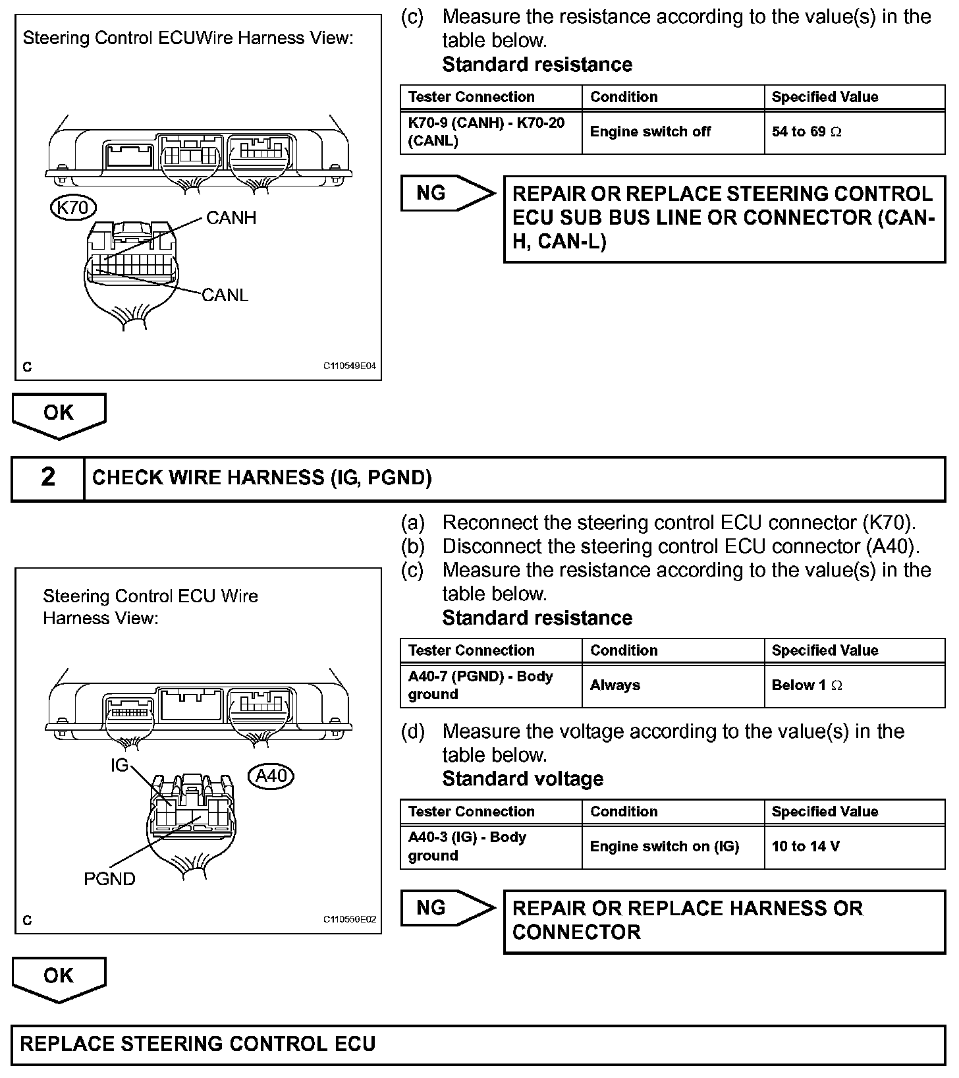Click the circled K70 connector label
(x=73, y=208)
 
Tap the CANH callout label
(x=231, y=217)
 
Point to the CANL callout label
(x=225, y=295)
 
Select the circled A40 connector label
(x=271, y=776)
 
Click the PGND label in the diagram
(x=109, y=878)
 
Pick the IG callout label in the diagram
(x=119, y=765)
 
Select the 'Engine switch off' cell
(x=650, y=132)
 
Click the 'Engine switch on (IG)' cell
(x=664, y=846)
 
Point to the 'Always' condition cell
(x=615, y=685)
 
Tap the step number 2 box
(x=48, y=477)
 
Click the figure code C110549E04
(x=349, y=366)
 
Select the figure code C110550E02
(x=349, y=920)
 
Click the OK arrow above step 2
(x=59, y=414)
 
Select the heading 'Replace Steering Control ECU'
(x=198, y=1044)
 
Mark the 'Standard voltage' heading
(x=522, y=779)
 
